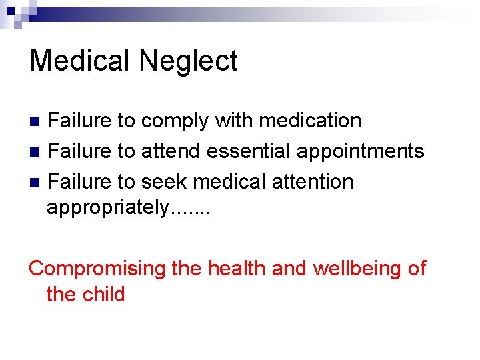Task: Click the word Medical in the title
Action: click(81, 61)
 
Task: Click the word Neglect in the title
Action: click(189, 61)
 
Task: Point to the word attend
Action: click(171, 151)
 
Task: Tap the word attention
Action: click(312, 181)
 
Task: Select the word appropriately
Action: click(107, 207)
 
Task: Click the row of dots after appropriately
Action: click(191, 212)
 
